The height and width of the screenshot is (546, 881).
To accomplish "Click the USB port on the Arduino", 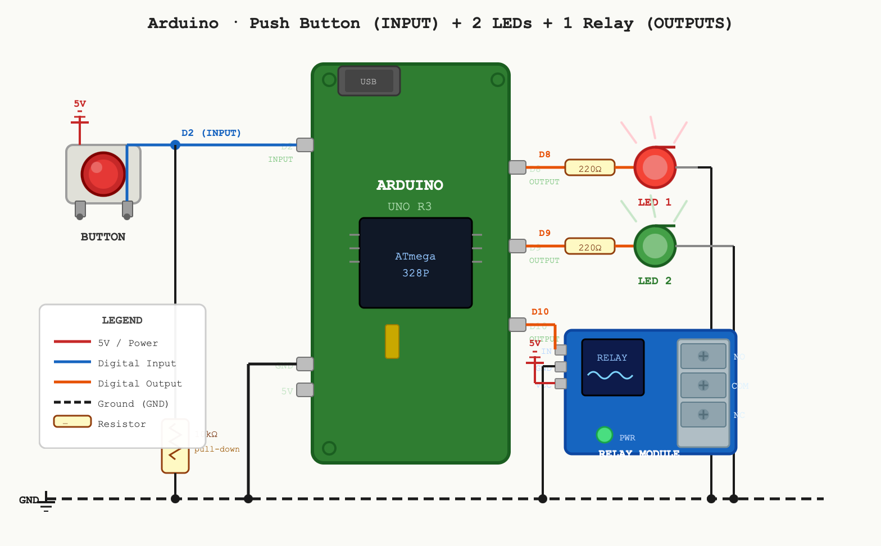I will [x=369, y=81].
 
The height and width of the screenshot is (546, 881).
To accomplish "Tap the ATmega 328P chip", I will [x=415, y=263].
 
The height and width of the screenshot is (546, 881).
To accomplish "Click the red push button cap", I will [x=103, y=174].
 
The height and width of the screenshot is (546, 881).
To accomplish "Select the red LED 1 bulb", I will [x=655, y=167].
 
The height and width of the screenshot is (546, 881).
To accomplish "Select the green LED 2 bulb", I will [x=655, y=246].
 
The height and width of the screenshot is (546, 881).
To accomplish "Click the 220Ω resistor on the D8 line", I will [x=589, y=168].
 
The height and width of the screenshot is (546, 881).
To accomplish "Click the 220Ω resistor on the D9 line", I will [x=589, y=247].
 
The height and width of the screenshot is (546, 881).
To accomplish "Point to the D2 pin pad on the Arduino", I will [x=305, y=145].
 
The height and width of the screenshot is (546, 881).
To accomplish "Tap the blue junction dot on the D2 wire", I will [x=175, y=145].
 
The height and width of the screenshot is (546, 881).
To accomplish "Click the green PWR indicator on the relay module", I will [x=604, y=434].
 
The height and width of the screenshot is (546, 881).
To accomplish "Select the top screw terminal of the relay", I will [x=703, y=356].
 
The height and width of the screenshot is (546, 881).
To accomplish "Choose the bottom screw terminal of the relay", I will [x=703, y=415].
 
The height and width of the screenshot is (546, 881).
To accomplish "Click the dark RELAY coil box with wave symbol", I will [x=612, y=367].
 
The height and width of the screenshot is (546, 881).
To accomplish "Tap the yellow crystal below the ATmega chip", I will [x=392, y=341].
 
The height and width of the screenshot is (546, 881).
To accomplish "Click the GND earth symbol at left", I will [x=47, y=501].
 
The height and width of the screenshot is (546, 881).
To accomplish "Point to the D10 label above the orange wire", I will [x=540, y=312].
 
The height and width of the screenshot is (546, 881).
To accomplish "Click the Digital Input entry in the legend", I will [x=137, y=363].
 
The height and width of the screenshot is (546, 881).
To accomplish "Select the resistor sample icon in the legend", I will [x=72, y=421].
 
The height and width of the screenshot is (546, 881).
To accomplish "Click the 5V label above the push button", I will [x=80, y=104].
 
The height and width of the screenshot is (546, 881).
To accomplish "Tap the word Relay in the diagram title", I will [x=607, y=24].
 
